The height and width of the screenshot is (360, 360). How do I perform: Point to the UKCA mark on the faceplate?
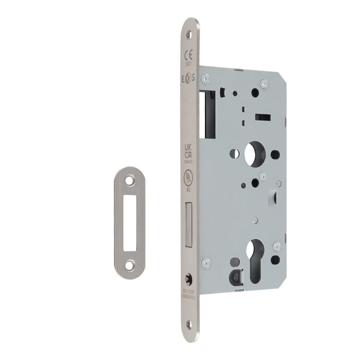pos(189,151)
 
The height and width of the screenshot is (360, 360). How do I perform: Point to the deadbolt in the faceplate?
pos(188,222)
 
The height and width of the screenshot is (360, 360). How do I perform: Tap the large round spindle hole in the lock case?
pos(254,154)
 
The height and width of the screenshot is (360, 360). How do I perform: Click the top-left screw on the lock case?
pos(205,78)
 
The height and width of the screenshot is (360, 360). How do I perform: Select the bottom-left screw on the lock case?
pos(206,263)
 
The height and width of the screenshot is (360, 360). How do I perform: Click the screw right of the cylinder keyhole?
pos(276,246)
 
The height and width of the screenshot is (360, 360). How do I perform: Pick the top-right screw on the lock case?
pos(264,83)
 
